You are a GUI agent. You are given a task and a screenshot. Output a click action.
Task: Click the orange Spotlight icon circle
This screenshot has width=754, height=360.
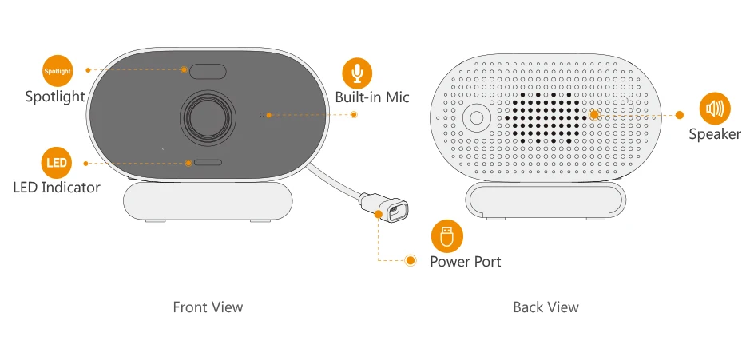coord(57,70)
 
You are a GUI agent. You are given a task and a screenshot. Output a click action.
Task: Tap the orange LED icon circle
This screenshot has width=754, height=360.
coord(57,163)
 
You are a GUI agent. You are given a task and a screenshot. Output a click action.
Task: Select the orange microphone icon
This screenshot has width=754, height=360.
coord(357,73)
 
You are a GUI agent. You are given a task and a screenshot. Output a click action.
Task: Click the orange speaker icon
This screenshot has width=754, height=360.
coord(714,109)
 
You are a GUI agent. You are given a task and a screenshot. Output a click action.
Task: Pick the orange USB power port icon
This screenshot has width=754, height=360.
coord(446,236)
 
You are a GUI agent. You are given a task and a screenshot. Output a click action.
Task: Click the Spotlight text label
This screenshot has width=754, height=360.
coord(54,97)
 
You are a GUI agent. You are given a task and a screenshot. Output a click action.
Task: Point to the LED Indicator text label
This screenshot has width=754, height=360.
coord(57,188)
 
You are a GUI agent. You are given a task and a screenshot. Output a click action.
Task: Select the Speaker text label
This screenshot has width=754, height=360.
coord(715,134)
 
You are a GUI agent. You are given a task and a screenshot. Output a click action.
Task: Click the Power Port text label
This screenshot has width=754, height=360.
coord(466,261)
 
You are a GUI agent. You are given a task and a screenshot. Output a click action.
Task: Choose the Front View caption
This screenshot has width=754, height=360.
coord(208,307)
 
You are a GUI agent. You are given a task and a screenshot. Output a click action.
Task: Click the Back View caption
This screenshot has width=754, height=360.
coord(546,307)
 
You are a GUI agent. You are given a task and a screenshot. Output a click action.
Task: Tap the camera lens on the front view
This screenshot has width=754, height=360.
coord(208,116)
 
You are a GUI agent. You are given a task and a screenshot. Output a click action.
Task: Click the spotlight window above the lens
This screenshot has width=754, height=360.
coord(208,71)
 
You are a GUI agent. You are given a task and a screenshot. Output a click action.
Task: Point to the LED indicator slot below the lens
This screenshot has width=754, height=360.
coord(208,162)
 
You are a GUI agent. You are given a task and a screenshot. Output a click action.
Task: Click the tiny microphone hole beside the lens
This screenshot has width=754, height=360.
coord(262,115)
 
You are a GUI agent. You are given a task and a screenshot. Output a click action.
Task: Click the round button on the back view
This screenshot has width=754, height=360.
coord(477,117)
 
